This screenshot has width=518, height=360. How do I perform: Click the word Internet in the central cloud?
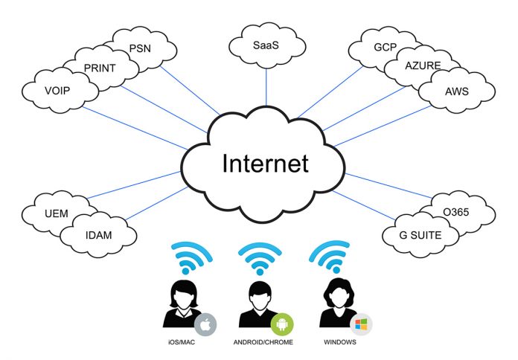coord(266,163)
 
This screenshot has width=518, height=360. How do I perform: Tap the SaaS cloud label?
coord(266,45)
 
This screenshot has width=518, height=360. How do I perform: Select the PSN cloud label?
coord(140,48)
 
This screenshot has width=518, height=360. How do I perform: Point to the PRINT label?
coord(100,68)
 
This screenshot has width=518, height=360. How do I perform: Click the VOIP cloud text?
coord(57,91)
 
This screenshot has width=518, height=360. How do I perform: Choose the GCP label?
coord(386,47)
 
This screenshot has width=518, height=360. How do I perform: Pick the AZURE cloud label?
coord(423,65)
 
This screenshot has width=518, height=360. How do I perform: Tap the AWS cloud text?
coord(457,91)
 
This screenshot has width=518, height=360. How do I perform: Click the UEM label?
coord(57,213)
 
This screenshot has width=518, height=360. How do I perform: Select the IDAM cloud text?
coord(99,235)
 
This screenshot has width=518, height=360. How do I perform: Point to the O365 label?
coord(456,212)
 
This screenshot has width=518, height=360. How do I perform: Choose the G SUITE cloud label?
coord(421,235)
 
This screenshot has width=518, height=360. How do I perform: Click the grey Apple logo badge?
coord(205,324)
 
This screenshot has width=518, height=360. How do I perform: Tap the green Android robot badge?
coord(282,324)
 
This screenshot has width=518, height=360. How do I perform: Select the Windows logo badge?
coord(361,324)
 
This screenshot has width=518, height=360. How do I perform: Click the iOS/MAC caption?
coord(182,342)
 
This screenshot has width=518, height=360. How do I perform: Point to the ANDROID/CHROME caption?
coord(263,342)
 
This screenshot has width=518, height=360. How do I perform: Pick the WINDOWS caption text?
coord(340,342)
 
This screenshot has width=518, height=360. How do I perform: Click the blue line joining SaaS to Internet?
coord(266,87)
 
